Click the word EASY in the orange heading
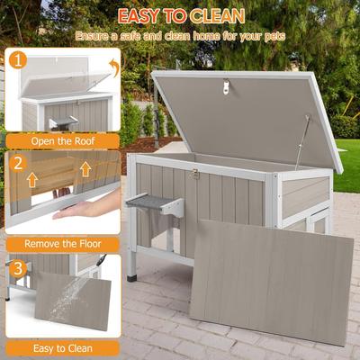(143, 16)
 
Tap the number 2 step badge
(18, 164)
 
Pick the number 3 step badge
(18, 267)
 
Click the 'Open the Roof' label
(62, 140)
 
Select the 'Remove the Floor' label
(62, 243)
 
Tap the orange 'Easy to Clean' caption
(62, 347)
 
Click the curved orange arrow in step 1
(112, 67)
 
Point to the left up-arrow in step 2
(31, 178)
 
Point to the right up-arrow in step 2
(85, 168)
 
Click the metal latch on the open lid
(226, 86)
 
